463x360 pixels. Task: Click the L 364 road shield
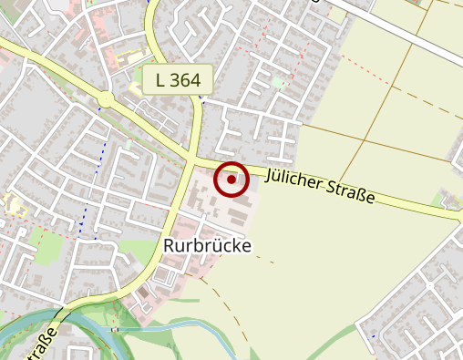178,79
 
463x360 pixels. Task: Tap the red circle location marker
231,180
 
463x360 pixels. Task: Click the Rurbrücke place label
207,246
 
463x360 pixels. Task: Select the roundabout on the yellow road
107,98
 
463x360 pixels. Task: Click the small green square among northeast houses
277,83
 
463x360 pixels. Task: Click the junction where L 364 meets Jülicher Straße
190,159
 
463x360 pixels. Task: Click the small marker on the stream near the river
114,328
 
